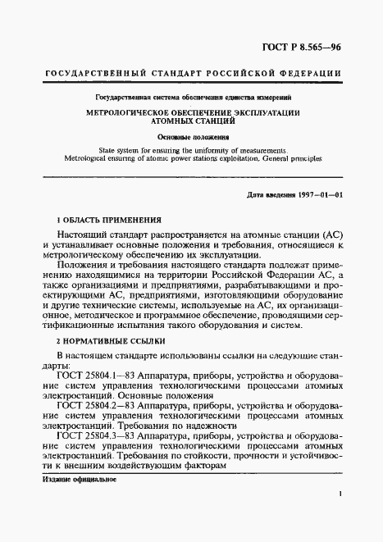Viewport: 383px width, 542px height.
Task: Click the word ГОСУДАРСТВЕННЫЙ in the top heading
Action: pyautogui.click(x=88, y=73)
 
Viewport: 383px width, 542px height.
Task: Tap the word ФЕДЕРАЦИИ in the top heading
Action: pyautogui.click(x=312, y=73)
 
